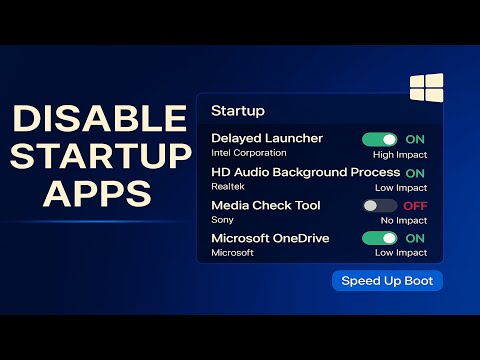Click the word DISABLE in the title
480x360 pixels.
pos(100,119)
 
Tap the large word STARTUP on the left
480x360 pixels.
pos(100,157)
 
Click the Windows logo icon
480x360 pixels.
pos(426,88)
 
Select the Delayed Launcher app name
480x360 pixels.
pos(266,139)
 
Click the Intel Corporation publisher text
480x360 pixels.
pos(249,154)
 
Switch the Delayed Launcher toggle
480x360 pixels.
pos(380,140)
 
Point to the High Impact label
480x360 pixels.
pos(400,154)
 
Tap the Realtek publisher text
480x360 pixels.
pos(228,187)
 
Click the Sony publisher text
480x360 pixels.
pos(222,220)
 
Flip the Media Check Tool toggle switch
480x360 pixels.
pos(380,205)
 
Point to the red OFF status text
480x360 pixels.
pos(415,206)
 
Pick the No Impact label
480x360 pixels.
pos(404,220)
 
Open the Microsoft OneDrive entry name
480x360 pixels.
pos(270,238)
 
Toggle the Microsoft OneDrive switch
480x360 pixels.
pos(380,238)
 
